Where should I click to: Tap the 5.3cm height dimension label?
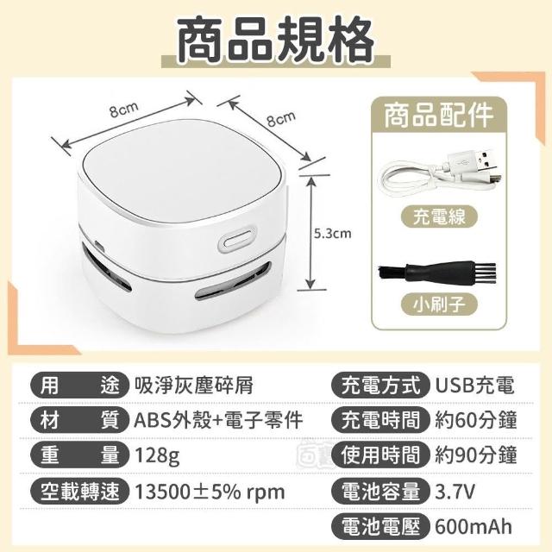[x=333, y=234]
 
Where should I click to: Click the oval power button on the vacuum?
[x=236, y=241]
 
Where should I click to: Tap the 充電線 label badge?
[x=439, y=216]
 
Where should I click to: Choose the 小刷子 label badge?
[x=440, y=304]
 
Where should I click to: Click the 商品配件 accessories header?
[x=438, y=115]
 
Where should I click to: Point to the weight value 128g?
[x=157, y=456]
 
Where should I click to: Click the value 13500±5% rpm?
[x=210, y=492]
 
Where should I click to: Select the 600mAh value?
[x=474, y=527]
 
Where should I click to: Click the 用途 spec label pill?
[x=79, y=386]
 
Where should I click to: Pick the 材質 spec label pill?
[x=79, y=420]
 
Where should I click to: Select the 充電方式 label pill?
[x=380, y=386]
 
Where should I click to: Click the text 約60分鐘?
[x=476, y=420]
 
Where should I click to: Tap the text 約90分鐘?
[x=476, y=455]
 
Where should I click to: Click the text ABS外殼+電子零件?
[x=218, y=420]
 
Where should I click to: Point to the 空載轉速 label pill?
[x=79, y=491]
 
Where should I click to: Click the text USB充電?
[x=475, y=386]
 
